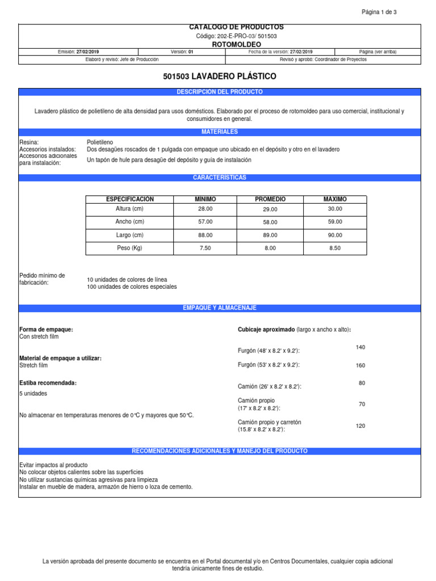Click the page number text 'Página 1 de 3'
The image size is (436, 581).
(x=379, y=12)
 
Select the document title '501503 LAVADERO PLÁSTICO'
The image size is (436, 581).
(x=220, y=76)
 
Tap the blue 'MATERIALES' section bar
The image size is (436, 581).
(x=220, y=132)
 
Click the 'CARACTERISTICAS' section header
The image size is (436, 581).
(x=220, y=178)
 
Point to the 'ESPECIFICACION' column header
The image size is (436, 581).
(x=130, y=199)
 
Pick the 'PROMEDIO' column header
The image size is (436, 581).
(x=270, y=199)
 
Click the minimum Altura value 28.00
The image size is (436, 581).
(x=206, y=209)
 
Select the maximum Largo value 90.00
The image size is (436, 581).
(x=336, y=235)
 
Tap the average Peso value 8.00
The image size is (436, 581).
(x=270, y=248)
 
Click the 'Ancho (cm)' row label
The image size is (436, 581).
(x=130, y=222)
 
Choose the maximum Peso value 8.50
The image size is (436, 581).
(x=336, y=248)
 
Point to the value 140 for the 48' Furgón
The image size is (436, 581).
(x=360, y=347)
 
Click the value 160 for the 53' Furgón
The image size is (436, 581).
(x=360, y=365)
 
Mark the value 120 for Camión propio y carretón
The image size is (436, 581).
(x=360, y=426)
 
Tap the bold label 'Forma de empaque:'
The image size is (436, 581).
(x=46, y=330)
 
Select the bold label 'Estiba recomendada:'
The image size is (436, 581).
(x=48, y=383)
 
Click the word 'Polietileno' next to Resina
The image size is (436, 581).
(x=100, y=142)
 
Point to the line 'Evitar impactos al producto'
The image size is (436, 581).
(x=53, y=465)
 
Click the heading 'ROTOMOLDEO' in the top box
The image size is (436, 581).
(x=220, y=44)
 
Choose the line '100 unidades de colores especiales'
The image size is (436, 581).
(x=132, y=287)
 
